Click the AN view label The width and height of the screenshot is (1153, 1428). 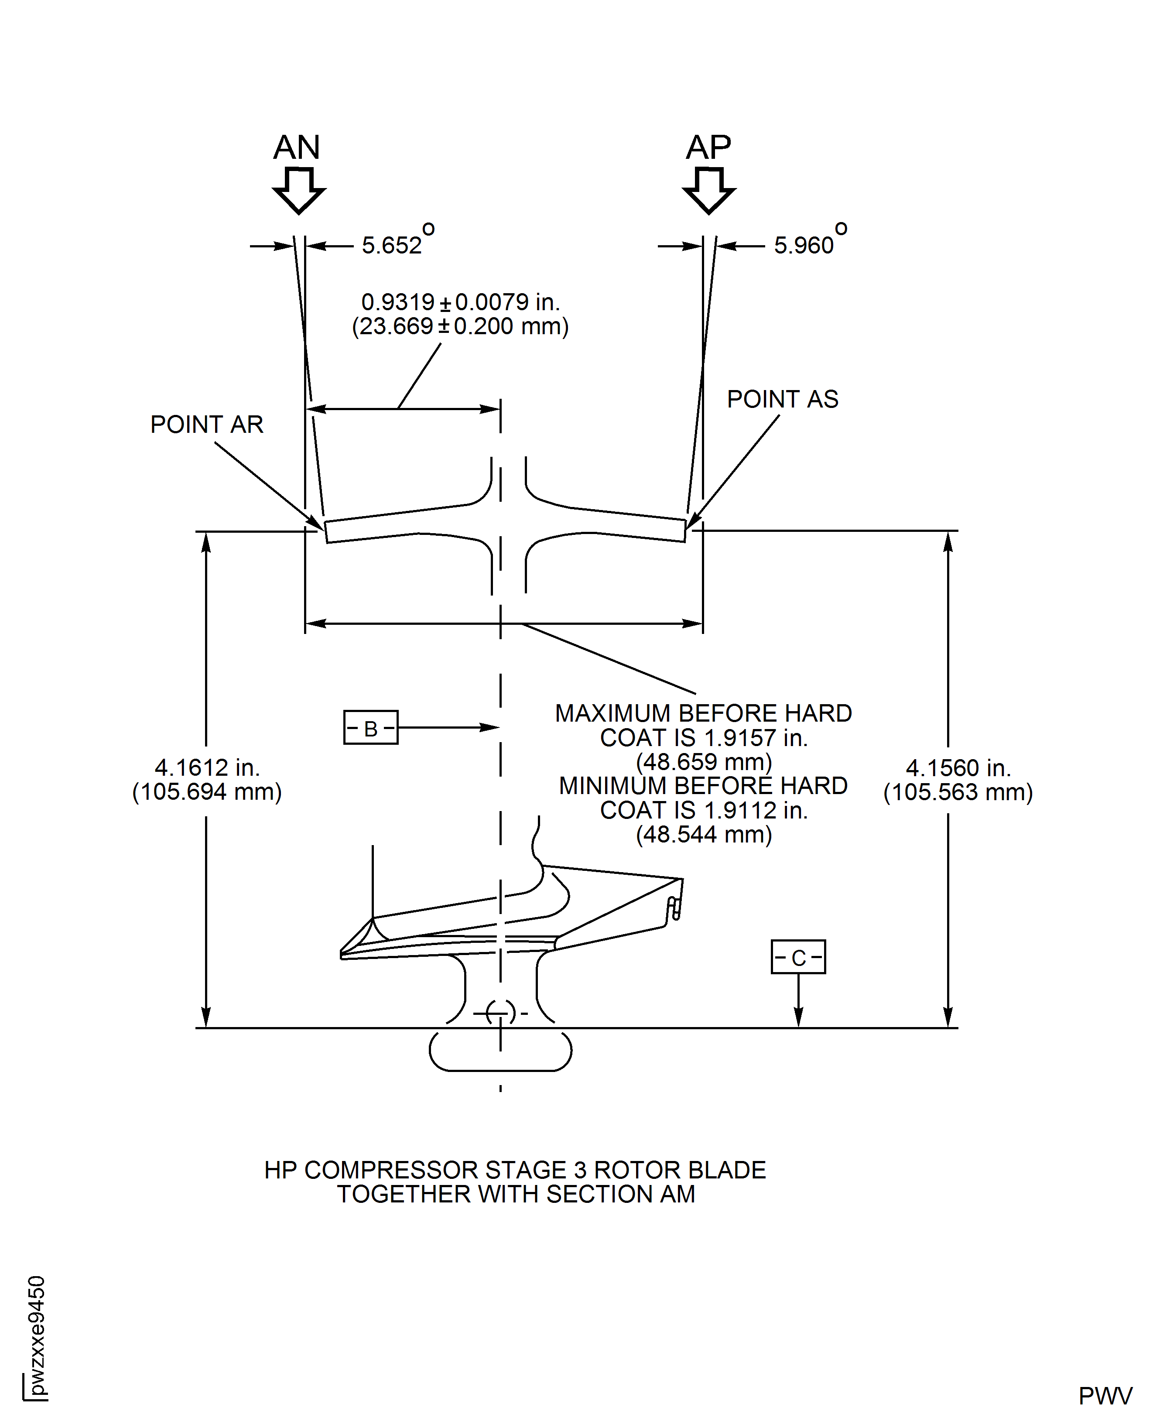tap(297, 147)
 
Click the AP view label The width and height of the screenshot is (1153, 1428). tap(708, 147)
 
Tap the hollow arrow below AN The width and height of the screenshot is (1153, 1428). tap(299, 191)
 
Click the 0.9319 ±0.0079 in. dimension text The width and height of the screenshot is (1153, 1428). tap(460, 302)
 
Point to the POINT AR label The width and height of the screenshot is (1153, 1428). tap(206, 425)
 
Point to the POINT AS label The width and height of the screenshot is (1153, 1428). tap(782, 399)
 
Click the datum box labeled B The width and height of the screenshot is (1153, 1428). tap(371, 727)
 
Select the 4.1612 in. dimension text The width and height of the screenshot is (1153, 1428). tap(207, 768)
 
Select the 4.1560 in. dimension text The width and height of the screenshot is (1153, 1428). tap(958, 768)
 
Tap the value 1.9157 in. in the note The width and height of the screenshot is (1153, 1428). tap(755, 738)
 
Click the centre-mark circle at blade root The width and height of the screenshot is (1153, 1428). tap(500, 1014)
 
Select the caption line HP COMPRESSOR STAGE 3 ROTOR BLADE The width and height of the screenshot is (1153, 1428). tap(515, 1170)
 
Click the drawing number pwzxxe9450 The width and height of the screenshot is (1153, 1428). tap(37, 1335)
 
